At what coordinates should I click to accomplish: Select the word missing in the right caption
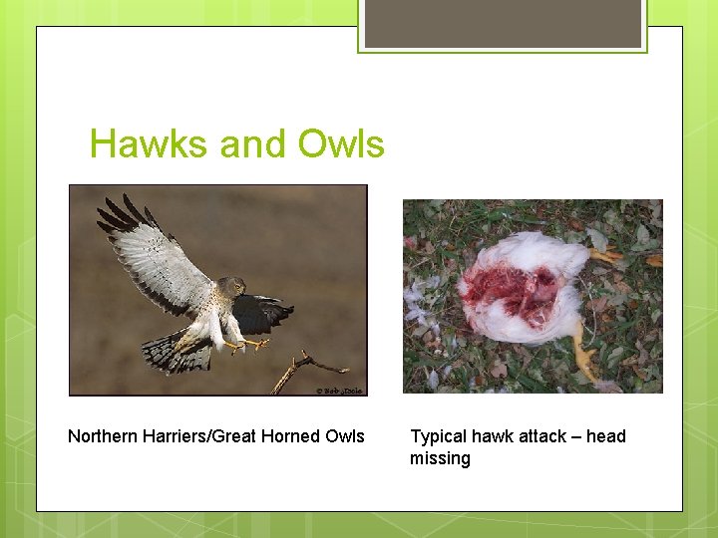[440, 458]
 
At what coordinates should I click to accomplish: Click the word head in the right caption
[606, 436]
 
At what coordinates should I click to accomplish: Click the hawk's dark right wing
[263, 313]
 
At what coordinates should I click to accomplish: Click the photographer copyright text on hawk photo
[339, 390]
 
